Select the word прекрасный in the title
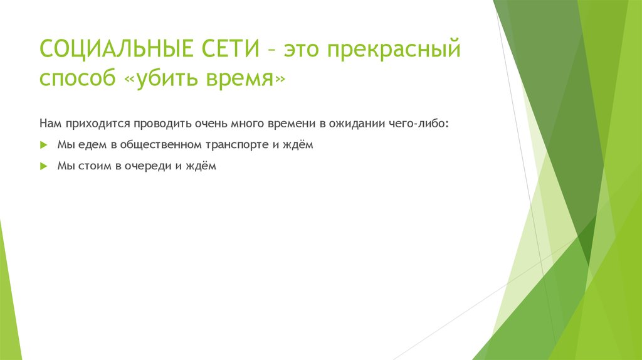coord(398,49)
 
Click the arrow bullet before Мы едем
coord(43,145)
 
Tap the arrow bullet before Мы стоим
coord(43,167)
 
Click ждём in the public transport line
coord(297,145)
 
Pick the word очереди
coord(145,167)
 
